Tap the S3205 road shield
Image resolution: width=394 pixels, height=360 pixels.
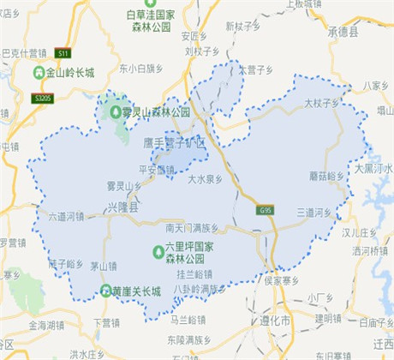click(42, 99)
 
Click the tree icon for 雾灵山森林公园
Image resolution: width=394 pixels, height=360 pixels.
click(116, 111)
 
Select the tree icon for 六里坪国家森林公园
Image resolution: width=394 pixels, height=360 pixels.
click(158, 251)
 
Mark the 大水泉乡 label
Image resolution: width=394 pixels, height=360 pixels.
click(206, 180)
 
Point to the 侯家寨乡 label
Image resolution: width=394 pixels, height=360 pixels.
click(281, 280)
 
